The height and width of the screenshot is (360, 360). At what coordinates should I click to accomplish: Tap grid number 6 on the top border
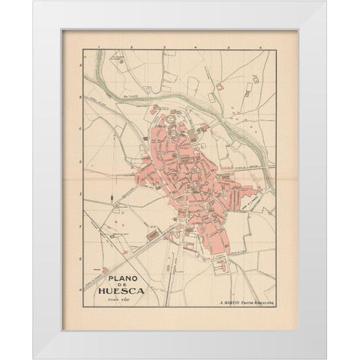[259, 47]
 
